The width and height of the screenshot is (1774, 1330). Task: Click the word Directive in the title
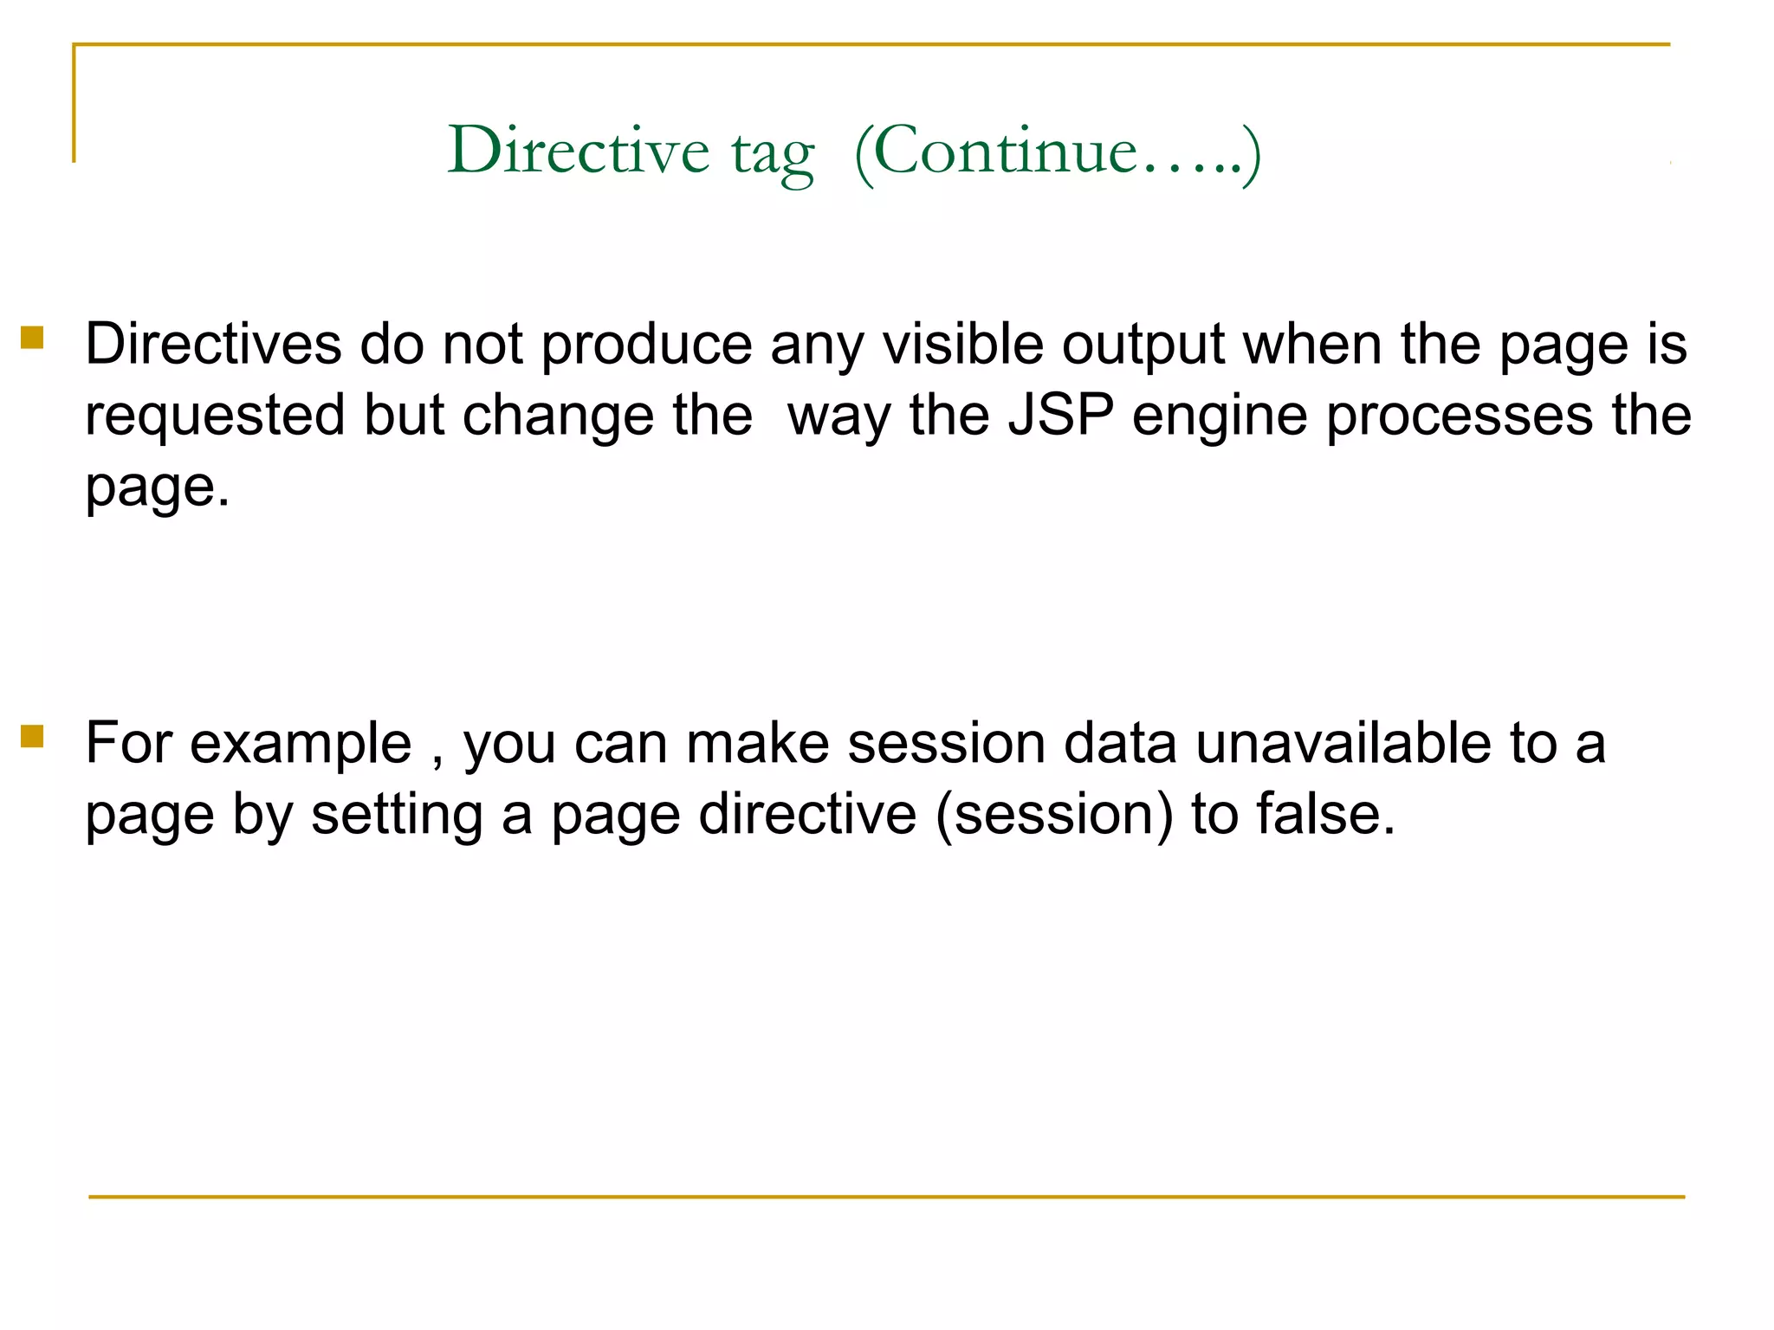[x=578, y=151]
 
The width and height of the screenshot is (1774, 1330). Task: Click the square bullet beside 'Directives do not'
[x=32, y=337]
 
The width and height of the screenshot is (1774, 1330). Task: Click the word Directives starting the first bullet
[x=213, y=345]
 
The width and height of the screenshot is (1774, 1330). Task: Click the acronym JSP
[x=1060, y=415]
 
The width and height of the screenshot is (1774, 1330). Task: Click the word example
[x=300, y=745]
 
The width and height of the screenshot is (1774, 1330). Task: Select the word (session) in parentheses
[x=1054, y=815]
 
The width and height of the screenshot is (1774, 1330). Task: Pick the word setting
[x=397, y=817]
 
